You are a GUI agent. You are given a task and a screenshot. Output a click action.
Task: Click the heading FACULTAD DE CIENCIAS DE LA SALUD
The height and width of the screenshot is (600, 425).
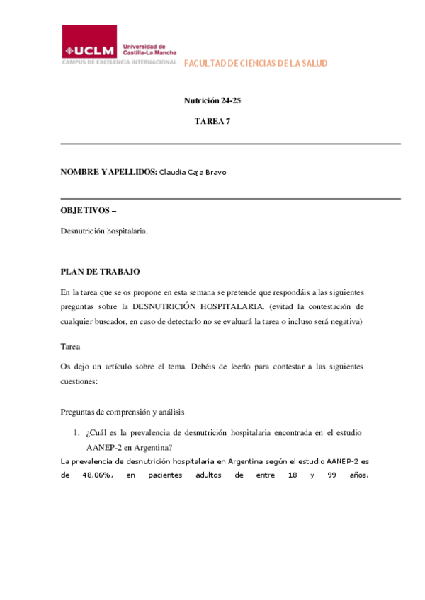[x=256, y=64]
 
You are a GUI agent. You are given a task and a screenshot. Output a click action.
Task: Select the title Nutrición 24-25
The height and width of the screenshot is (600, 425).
[x=212, y=100]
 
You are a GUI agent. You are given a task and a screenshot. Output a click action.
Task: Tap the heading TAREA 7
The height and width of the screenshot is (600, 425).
[x=212, y=121]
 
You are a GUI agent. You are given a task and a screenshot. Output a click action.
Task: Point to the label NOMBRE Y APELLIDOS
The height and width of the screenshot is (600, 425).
[x=108, y=172]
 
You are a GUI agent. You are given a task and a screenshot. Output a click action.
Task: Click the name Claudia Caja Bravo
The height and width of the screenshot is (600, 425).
[x=193, y=172]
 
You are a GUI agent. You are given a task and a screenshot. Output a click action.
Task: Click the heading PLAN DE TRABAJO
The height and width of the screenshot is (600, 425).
[x=101, y=271]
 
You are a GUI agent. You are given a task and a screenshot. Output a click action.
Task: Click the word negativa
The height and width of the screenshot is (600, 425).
[x=343, y=322]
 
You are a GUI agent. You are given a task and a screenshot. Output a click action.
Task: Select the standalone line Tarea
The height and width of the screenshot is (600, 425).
[x=71, y=347]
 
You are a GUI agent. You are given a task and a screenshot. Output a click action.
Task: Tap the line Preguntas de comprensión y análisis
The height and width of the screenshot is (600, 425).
[x=127, y=412]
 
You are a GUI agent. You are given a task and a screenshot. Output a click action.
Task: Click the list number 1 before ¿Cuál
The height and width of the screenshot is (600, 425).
[x=76, y=432]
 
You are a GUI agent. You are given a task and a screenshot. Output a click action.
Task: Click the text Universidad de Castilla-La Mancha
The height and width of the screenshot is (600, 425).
[x=149, y=47]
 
